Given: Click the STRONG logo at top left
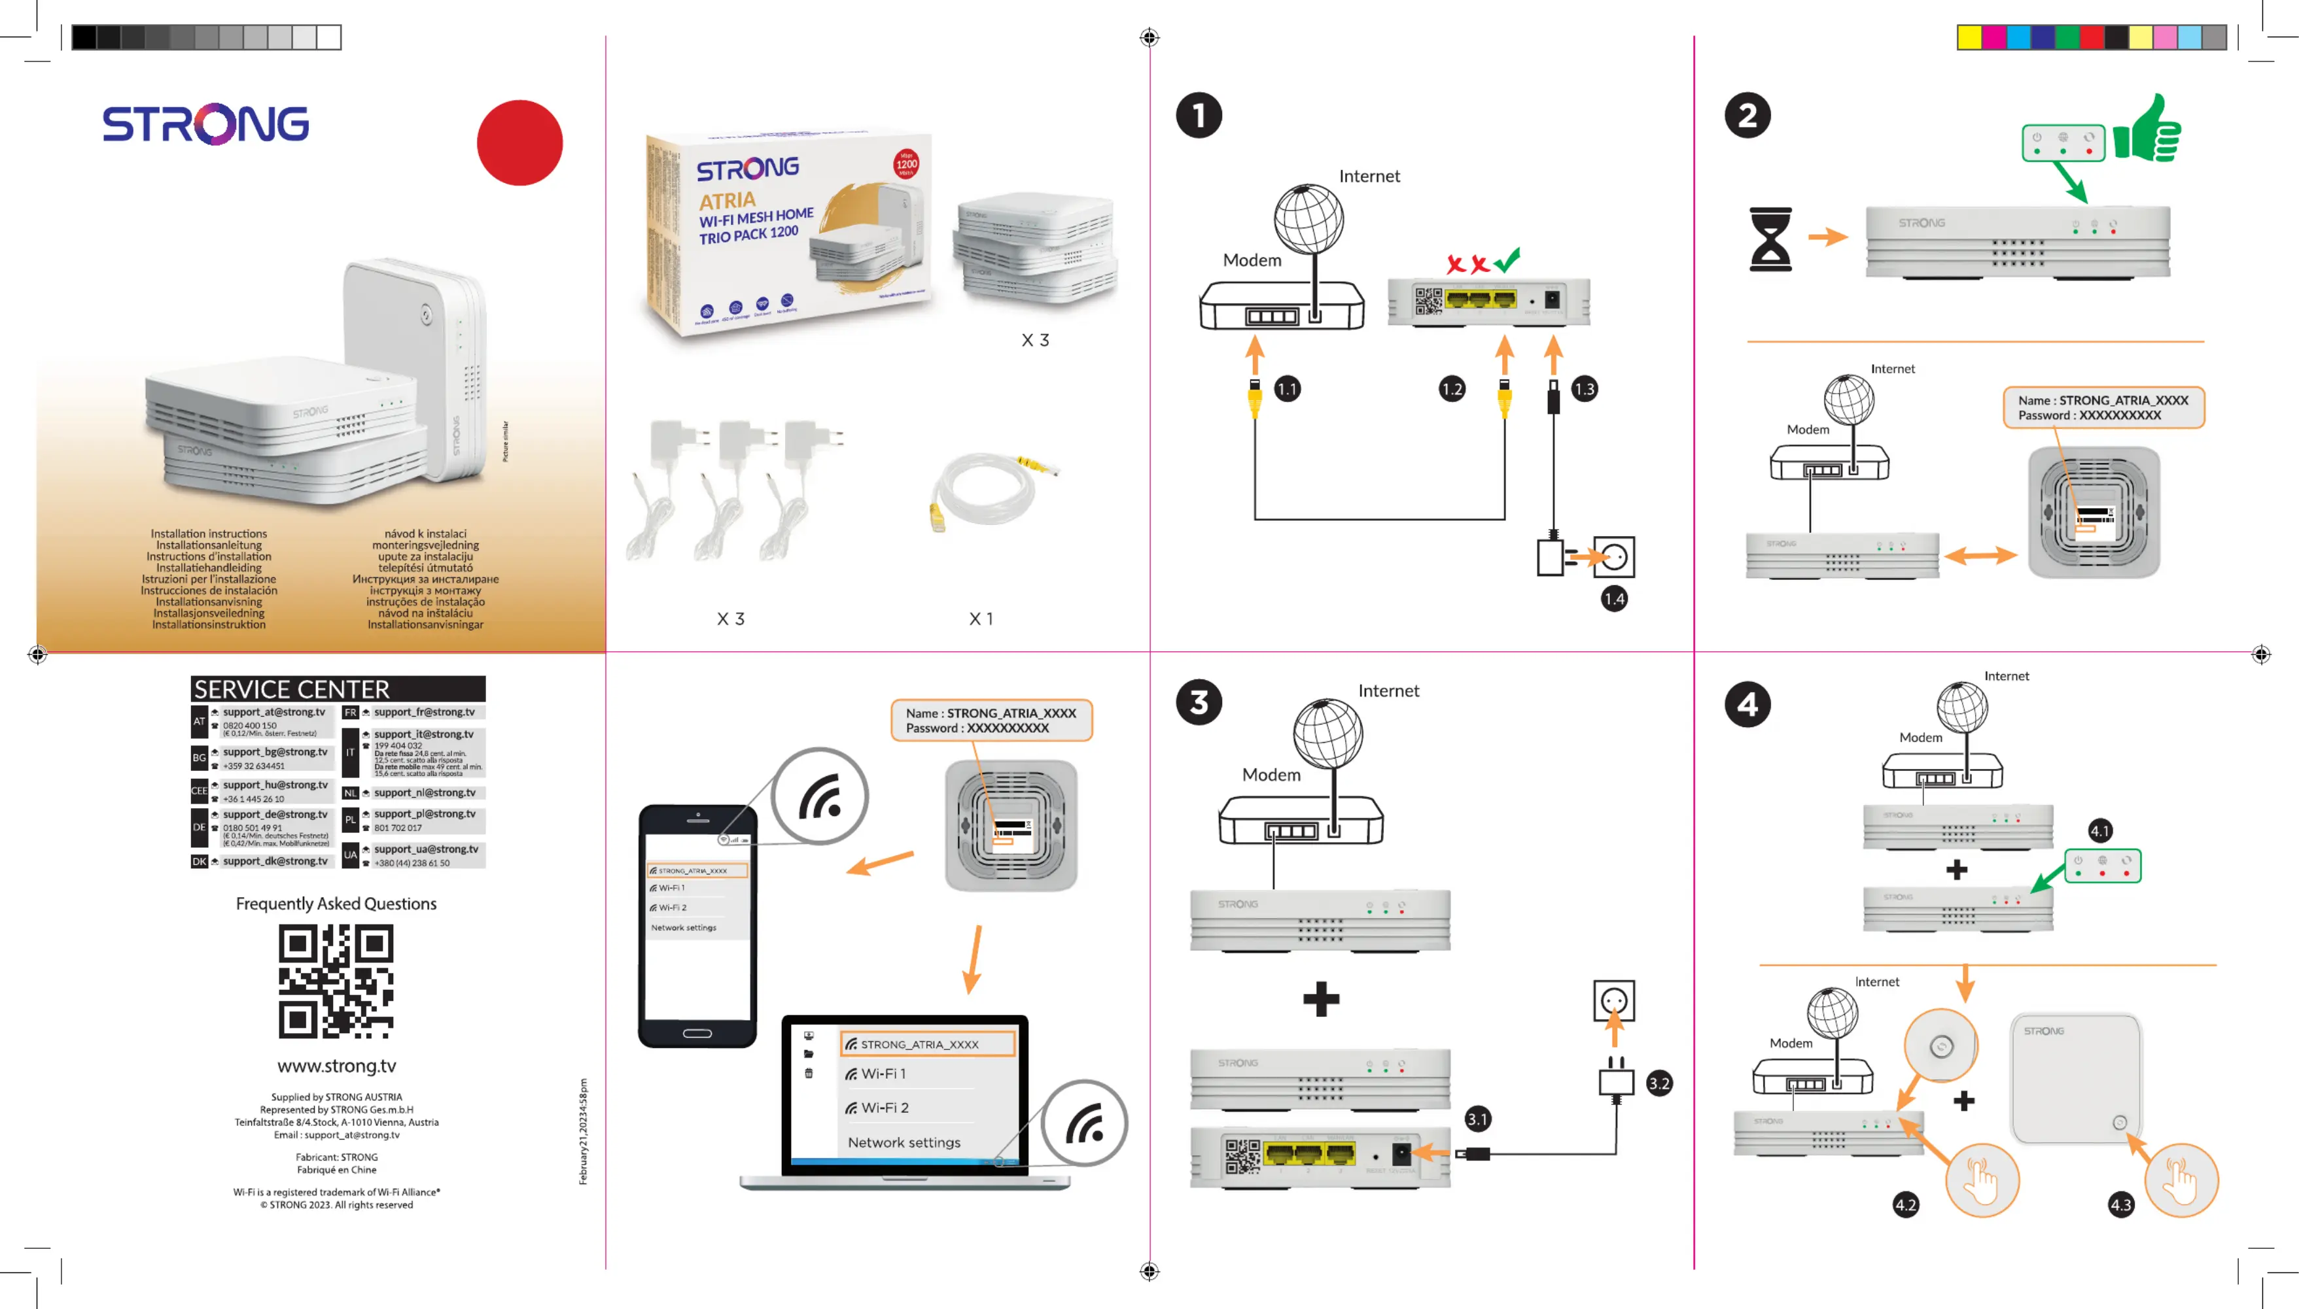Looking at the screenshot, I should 205,124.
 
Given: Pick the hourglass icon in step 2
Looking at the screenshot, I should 1769,239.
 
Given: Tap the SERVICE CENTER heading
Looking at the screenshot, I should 292,690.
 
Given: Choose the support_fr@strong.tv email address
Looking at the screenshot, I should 425,712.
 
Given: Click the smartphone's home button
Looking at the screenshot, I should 697,1033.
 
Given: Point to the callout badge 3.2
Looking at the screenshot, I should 1658,1083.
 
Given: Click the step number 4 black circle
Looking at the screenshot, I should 1747,705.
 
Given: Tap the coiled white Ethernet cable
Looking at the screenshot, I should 985,488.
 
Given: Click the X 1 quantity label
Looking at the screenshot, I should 981,619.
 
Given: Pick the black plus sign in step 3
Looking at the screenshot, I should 1320,999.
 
